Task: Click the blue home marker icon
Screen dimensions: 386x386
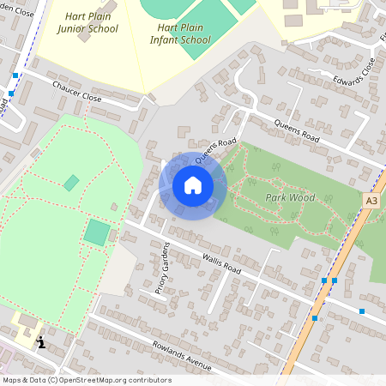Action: coord(193,185)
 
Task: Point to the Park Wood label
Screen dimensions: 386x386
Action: coord(289,196)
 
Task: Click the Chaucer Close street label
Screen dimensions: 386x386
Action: coord(77,92)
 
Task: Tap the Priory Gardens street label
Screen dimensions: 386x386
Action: coord(161,268)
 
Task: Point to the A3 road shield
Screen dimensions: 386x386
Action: coord(371,201)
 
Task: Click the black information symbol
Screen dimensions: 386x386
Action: coord(40,342)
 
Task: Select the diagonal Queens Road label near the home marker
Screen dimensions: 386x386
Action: coord(214,150)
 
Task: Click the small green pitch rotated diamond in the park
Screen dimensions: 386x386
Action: coord(71,183)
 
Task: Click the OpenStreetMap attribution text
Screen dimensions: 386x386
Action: coord(87,380)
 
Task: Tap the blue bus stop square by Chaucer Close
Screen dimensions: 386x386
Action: coord(15,76)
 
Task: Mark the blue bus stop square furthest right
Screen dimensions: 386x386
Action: coord(362,311)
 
